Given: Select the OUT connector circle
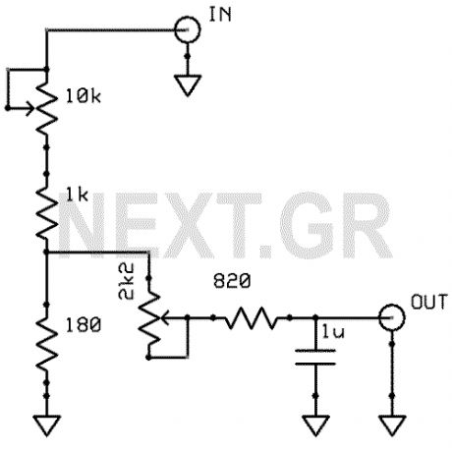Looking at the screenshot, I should (392, 317).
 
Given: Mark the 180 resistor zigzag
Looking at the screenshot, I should (46, 337).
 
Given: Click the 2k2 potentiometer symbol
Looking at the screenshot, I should (150, 317).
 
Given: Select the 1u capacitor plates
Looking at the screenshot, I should (313, 360).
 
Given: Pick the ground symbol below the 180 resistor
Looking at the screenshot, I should (46, 424).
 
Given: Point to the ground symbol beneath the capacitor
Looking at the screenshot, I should (313, 424).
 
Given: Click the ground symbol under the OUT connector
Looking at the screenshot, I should (392, 424).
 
